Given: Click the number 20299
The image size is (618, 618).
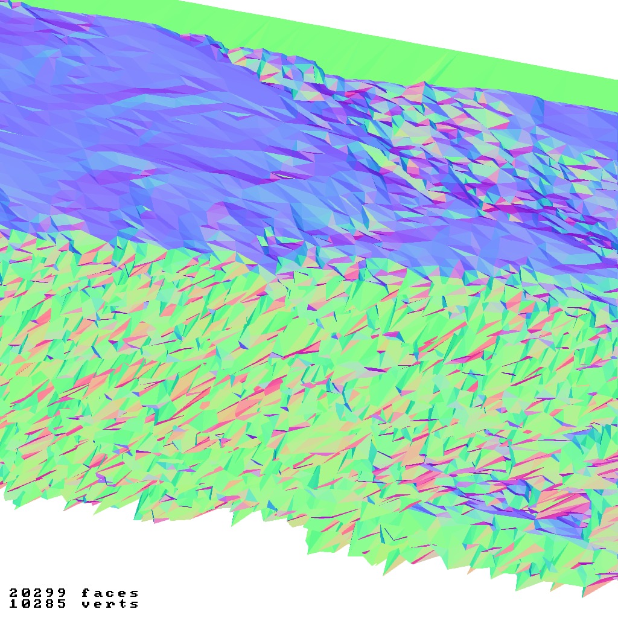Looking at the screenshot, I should click(x=37, y=593).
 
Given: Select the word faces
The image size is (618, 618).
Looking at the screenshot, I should click(x=110, y=593).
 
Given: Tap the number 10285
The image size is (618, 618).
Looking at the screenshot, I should click(x=37, y=604).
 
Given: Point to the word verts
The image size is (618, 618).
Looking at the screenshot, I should click(x=110, y=604).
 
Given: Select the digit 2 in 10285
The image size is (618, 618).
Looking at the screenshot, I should click(x=37, y=604).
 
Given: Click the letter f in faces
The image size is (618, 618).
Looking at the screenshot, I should click(x=86, y=593).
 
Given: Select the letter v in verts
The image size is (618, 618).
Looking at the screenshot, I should click(x=86, y=604).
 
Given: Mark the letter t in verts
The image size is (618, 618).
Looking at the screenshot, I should click(x=122, y=604).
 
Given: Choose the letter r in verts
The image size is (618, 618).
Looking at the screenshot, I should click(x=110, y=604).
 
